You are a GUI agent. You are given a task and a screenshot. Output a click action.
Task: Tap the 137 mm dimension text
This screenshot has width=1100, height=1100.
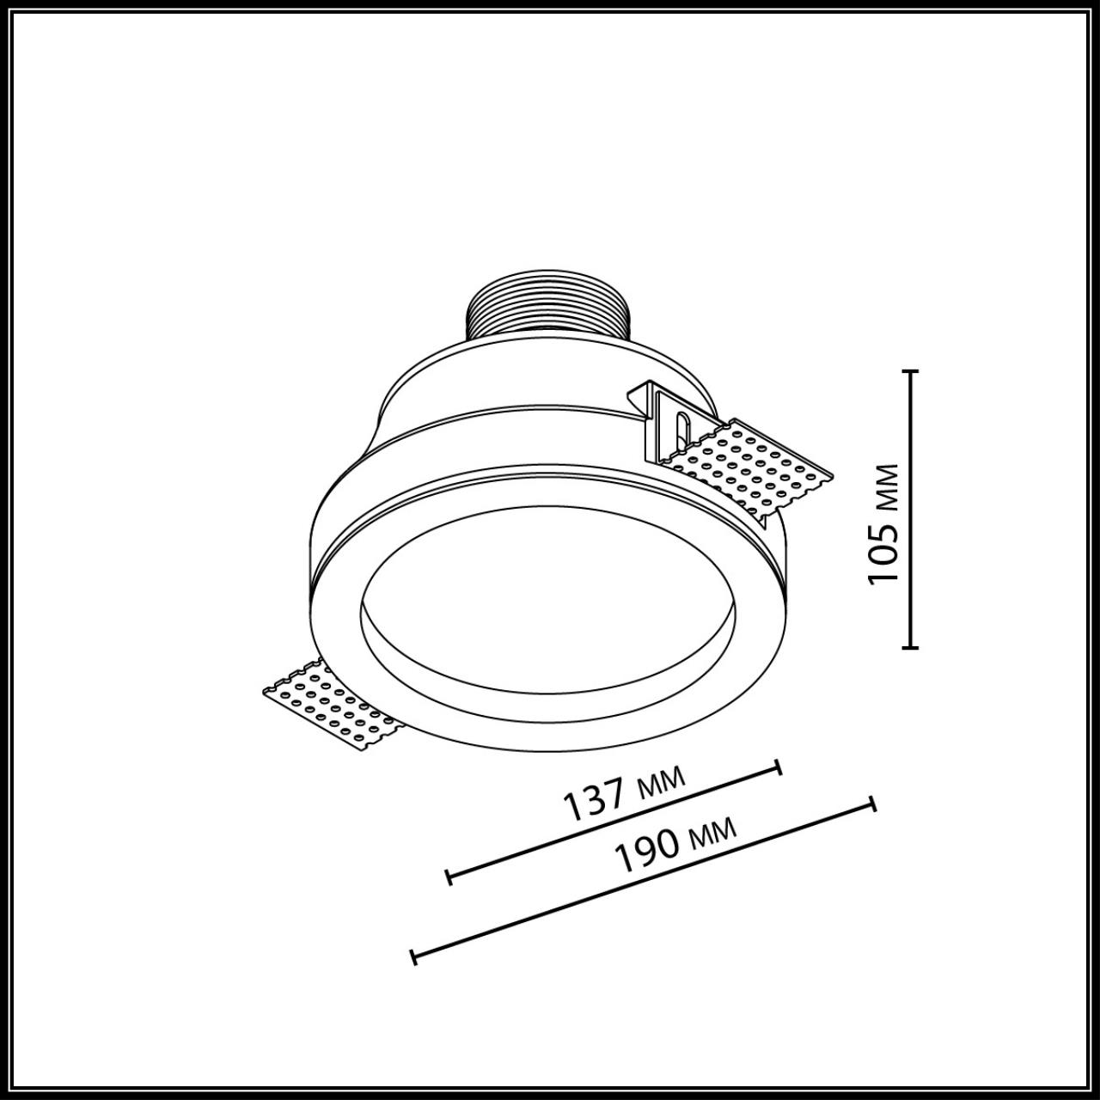[x=624, y=791]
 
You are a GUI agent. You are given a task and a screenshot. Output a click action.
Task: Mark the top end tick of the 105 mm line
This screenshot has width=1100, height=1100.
[x=911, y=371]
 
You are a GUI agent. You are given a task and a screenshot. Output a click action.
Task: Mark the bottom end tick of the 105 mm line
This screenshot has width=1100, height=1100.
[x=911, y=646]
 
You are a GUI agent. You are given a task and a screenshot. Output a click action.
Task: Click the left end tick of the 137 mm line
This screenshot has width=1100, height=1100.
[x=449, y=877]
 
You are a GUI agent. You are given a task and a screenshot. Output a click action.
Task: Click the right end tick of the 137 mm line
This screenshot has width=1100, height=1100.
[x=779, y=767]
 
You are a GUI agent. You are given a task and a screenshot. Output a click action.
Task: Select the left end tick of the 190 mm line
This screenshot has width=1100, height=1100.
[x=413, y=956]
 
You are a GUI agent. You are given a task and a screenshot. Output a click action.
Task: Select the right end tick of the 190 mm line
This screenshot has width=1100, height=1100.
[x=873, y=804]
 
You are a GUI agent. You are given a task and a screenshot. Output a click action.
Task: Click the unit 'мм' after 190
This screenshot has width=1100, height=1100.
[x=712, y=832]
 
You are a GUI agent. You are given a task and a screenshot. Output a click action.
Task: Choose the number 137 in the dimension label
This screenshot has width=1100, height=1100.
[x=593, y=802]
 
